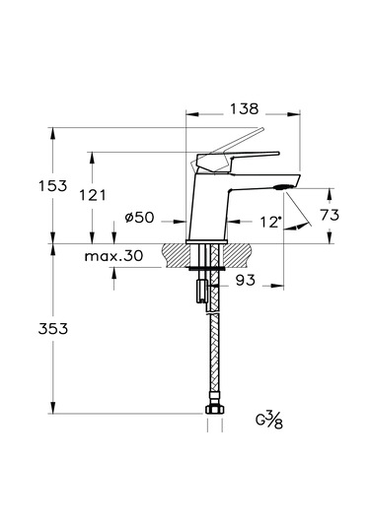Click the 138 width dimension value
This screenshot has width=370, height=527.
244,109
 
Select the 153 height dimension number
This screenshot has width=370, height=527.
53,186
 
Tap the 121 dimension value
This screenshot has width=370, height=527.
92,195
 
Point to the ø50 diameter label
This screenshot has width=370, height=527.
139,218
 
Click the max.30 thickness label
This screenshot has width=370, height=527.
113,256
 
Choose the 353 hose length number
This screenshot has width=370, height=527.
53,328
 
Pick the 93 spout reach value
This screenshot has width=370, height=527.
246,280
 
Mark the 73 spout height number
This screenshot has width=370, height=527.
330,215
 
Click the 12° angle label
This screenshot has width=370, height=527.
271,223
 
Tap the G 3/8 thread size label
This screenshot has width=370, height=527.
268,420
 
